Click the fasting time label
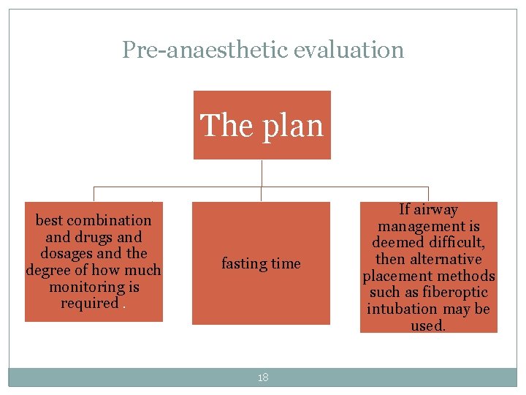point(261,263)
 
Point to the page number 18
point(263,377)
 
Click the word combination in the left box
point(109,220)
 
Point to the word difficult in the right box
point(454,243)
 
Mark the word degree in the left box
point(45,271)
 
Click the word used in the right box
point(428,326)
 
